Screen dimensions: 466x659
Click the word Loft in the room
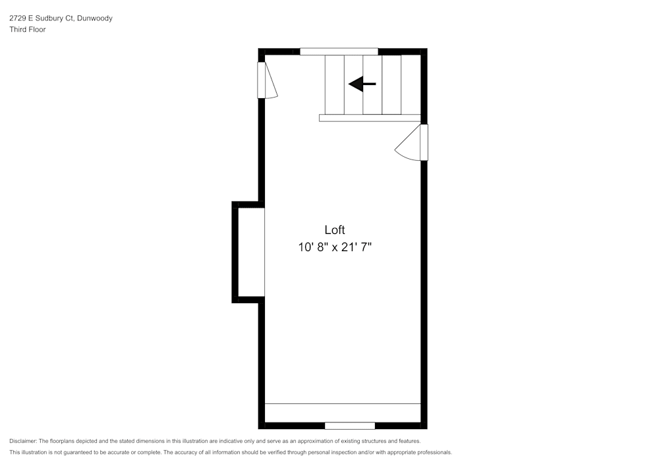coord(334,230)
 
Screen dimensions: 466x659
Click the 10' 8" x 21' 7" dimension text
coord(339,248)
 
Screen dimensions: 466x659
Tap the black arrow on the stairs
coord(362,84)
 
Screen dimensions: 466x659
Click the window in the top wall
coord(339,51)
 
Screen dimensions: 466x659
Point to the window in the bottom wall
coord(350,426)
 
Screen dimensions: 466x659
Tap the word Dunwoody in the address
coord(95,18)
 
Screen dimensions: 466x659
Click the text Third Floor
coord(28,30)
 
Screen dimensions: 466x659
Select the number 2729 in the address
coord(17,18)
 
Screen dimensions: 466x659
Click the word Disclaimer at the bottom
coord(23,441)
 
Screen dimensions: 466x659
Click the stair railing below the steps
coord(370,118)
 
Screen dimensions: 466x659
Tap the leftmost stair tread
coord(335,84)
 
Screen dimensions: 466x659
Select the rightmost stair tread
coord(411,84)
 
